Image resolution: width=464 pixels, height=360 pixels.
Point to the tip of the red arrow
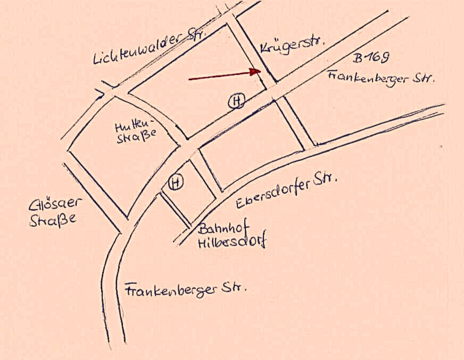coord(260,71)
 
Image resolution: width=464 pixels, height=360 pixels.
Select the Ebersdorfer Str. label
coord(286,191)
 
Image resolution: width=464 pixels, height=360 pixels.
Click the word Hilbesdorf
coord(231,242)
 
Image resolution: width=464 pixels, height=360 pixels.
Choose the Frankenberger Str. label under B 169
coord(382,78)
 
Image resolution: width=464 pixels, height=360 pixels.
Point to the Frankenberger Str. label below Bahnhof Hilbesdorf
coord(186,291)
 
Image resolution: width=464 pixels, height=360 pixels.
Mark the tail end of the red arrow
coord(189,80)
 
